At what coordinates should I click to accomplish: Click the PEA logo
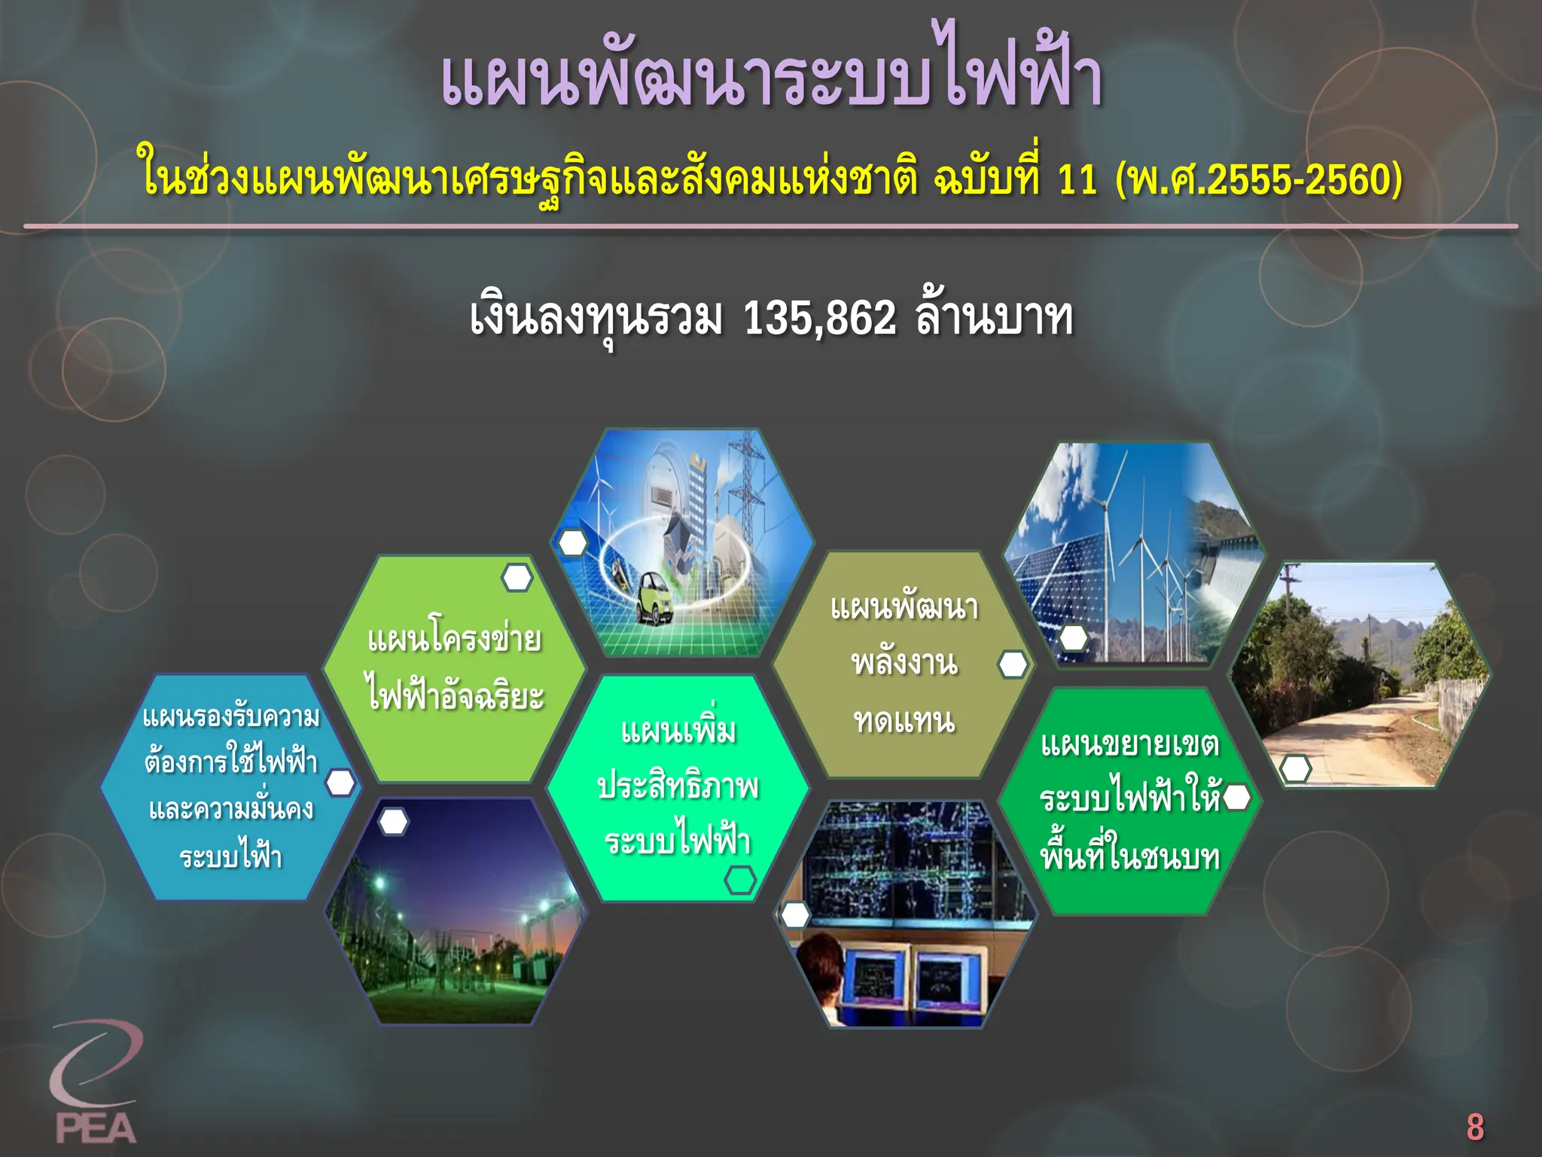click(95, 1085)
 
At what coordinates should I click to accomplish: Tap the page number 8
click(1474, 1128)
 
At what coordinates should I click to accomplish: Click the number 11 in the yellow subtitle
click(1077, 179)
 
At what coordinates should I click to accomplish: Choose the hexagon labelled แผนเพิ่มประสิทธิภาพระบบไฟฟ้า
click(678, 787)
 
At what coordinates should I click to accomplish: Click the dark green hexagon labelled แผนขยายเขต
click(1129, 801)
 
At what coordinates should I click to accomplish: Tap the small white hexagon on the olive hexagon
click(1013, 664)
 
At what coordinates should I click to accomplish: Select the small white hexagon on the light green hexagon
click(517, 578)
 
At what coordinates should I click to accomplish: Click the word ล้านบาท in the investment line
click(994, 319)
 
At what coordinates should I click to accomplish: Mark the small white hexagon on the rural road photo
click(1296, 769)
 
